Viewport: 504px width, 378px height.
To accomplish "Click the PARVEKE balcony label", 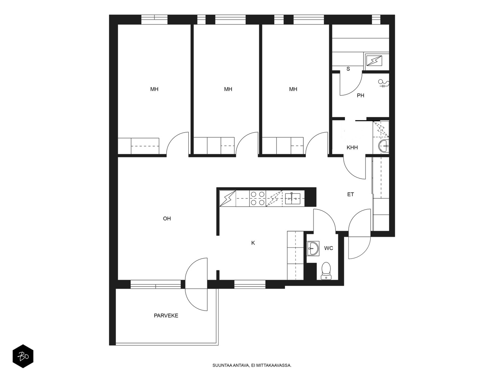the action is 166,316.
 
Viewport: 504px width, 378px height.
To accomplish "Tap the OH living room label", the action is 167,219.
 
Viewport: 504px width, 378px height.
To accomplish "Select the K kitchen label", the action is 253,243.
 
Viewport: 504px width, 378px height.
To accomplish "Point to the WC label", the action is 329,248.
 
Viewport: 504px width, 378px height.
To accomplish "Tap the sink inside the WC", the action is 313,248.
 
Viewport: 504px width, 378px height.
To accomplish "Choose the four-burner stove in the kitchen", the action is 257,198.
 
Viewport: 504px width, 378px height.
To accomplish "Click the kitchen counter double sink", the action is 292,198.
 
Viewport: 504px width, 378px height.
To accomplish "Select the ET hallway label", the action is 350,194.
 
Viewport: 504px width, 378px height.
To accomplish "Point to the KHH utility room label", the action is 352,147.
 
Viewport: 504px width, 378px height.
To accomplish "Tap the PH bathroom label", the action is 360,95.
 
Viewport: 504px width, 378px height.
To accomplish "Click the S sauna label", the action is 348,69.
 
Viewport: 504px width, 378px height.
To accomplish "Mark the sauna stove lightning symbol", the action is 374,61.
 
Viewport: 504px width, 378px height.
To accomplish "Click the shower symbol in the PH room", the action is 383,83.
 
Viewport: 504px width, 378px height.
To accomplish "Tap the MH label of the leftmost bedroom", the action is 154,89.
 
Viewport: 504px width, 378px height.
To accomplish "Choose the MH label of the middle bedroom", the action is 228,89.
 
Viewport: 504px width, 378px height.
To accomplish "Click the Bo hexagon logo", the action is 23,357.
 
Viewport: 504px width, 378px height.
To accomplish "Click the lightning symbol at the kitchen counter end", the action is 227,198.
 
